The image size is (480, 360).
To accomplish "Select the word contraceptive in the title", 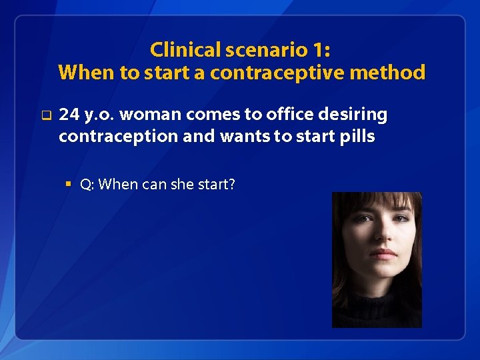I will coord(272,72).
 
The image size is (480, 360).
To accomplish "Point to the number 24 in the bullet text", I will coord(68,115).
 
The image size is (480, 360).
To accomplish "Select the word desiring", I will coord(353,115).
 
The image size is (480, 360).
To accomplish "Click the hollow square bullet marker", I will coord(45,115).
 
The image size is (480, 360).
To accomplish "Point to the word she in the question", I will coord(181,184).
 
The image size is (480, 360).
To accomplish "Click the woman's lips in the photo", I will coord(384,254).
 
